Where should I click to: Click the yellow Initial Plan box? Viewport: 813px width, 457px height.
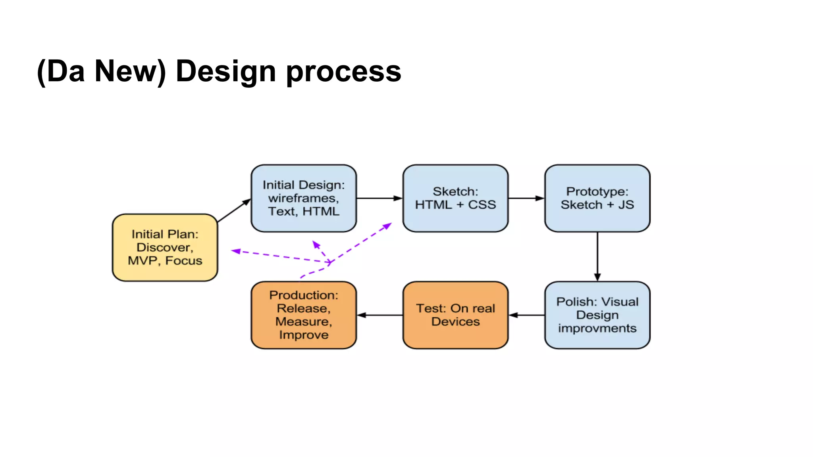click(165, 247)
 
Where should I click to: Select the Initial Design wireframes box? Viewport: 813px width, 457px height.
click(304, 198)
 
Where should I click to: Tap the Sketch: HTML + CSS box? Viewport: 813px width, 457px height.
click(455, 198)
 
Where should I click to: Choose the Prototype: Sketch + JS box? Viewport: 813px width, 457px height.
click(597, 198)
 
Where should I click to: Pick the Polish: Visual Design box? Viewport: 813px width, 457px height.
click(597, 315)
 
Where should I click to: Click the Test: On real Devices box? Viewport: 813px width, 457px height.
click(455, 315)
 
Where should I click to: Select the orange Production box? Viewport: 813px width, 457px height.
click(304, 315)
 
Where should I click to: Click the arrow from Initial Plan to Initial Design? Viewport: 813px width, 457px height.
click(234, 210)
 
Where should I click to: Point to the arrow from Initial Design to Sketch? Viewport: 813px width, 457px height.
click(379, 198)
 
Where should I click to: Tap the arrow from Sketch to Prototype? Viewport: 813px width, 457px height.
click(526, 198)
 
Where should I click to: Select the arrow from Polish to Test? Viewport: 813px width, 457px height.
click(526, 315)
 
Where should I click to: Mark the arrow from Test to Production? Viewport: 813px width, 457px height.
click(380, 315)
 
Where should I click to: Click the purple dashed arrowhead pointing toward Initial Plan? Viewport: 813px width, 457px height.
click(236, 251)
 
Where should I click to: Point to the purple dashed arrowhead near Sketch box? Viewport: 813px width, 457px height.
click(387, 226)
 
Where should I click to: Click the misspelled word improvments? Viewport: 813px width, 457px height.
click(597, 328)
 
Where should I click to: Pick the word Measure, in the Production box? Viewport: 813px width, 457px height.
click(304, 321)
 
